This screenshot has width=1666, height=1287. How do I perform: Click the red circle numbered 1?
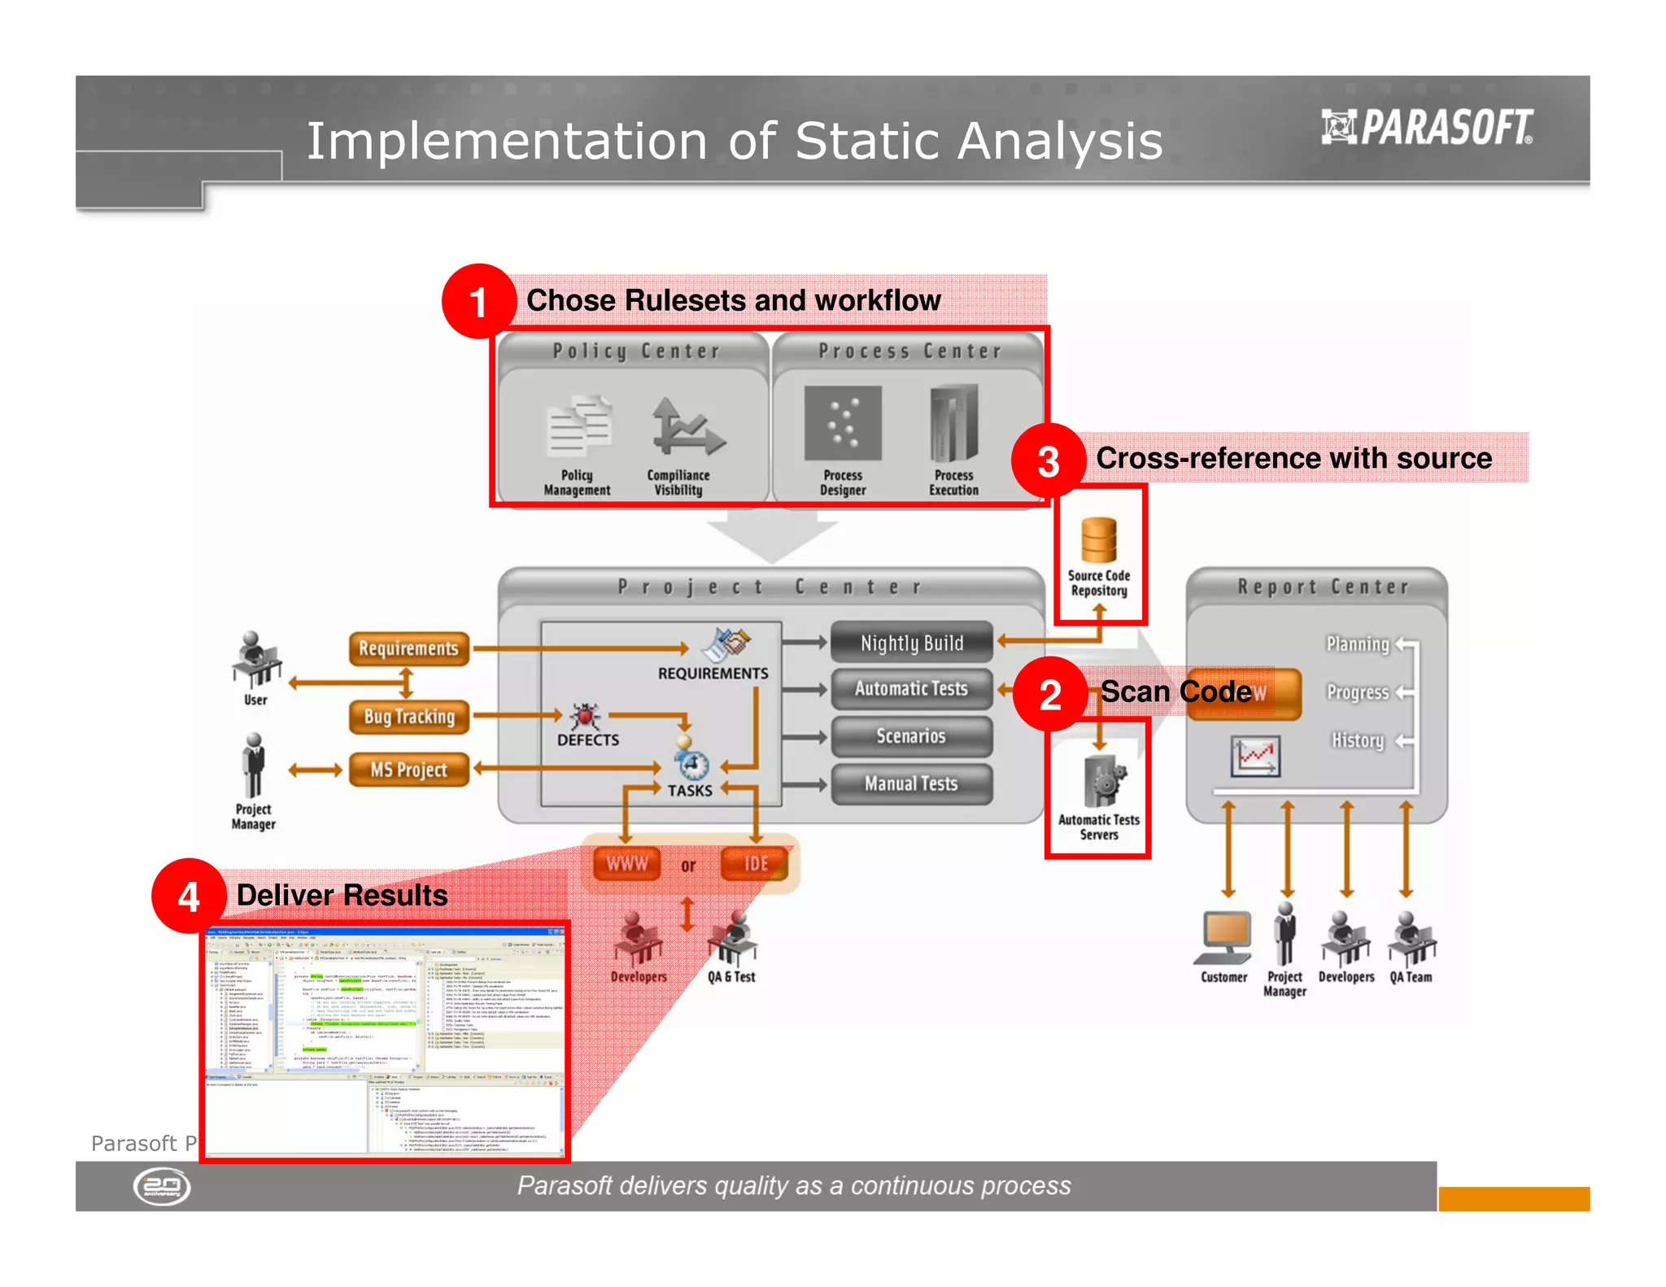point(478,301)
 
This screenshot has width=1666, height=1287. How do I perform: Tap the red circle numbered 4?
point(189,896)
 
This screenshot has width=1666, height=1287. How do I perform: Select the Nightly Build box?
point(911,643)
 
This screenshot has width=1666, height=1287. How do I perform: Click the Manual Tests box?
point(911,783)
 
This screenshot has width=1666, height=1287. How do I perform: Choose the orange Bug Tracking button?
point(409,717)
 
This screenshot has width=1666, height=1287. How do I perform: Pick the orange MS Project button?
point(409,770)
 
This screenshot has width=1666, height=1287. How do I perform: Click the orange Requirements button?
point(409,648)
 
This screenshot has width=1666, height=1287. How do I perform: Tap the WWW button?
point(626,864)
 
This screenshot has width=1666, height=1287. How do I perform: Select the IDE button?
point(755,864)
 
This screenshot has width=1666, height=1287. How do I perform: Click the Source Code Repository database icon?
point(1098,539)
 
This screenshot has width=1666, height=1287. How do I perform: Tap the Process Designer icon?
point(843,423)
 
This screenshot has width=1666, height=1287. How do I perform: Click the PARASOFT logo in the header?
point(1428,128)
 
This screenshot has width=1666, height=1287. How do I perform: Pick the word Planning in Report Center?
point(1358,644)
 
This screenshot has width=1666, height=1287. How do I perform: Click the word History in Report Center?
point(1358,740)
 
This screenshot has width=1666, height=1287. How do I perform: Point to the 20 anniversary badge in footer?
point(162,1186)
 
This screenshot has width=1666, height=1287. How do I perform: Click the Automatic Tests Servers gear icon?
point(1103,781)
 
